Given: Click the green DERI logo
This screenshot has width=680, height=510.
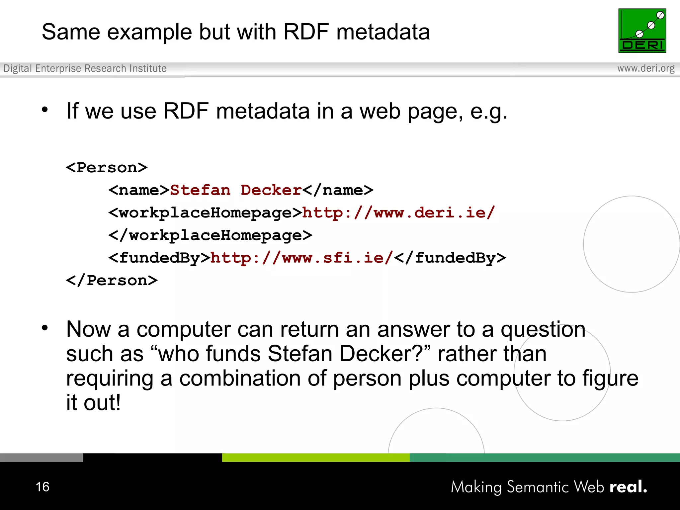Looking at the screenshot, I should pos(642,31).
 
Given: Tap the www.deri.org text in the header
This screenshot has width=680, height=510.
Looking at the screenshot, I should pos(645,68).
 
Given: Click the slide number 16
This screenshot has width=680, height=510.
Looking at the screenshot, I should pos(42,487).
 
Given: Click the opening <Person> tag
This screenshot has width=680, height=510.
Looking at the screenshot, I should pos(107,168).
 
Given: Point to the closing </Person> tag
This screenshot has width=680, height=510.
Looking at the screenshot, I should pos(112,281).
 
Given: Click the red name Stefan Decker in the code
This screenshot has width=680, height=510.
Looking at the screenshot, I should pos(235,190).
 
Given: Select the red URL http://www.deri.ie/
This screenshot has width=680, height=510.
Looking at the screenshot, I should pos(398,213).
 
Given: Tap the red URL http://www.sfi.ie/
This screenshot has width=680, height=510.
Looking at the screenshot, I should pos(301,258).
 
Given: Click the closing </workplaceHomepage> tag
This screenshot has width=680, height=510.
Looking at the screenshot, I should pos(210,235).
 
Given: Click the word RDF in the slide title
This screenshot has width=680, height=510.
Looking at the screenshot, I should pos(306,32).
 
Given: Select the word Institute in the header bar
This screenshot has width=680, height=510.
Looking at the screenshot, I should pos(148,68).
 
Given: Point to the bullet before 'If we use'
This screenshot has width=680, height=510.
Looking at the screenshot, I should pos(45,110).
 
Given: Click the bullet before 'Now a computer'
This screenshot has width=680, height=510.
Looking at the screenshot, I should pos(45,328).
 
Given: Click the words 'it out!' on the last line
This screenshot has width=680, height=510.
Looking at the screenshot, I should pos(93,403).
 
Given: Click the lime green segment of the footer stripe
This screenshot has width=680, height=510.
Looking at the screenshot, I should pos(315,458).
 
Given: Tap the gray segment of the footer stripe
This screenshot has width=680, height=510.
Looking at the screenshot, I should pos(41,458).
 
